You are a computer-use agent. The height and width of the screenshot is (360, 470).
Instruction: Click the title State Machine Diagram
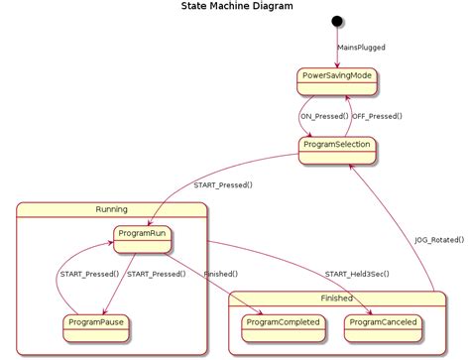click(237, 7)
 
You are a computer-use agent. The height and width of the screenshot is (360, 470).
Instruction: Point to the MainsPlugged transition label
click(361, 47)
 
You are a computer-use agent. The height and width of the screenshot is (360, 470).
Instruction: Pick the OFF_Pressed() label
click(377, 116)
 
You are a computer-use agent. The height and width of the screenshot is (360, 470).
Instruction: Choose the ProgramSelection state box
click(336, 147)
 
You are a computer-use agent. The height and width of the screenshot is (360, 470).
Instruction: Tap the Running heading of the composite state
click(111, 209)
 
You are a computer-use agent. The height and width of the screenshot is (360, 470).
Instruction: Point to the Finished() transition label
click(219, 274)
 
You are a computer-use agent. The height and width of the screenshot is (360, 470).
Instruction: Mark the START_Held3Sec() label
click(356, 274)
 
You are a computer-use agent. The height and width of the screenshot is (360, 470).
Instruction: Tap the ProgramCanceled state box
click(385, 323)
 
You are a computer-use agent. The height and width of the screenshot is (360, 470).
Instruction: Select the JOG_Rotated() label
click(439, 239)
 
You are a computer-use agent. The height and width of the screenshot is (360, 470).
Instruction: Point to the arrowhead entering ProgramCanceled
click(358, 310)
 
